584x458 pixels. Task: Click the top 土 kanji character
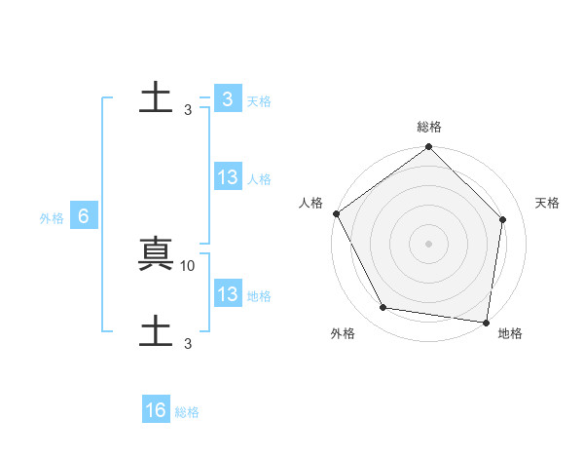pyautogui.click(x=156, y=98)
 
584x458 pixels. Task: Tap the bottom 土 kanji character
pyautogui.click(x=156, y=331)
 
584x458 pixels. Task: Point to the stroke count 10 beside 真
pyautogui.click(x=188, y=264)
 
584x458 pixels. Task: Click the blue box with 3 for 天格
pyautogui.click(x=227, y=99)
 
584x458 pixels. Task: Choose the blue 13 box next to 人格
pyautogui.click(x=228, y=178)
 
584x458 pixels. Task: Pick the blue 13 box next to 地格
pyautogui.click(x=228, y=295)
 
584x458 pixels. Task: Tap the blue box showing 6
pyautogui.click(x=84, y=217)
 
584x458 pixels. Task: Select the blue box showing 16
pyautogui.click(x=156, y=411)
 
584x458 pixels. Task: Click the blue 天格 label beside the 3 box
pyautogui.click(x=259, y=101)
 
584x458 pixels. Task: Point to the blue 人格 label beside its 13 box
pyautogui.click(x=259, y=179)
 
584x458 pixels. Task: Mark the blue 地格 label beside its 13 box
pyautogui.click(x=259, y=296)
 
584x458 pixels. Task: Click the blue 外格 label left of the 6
pyautogui.click(x=52, y=219)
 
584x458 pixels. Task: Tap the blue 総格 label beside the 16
pyautogui.click(x=187, y=412)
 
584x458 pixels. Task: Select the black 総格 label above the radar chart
pyautogui.click(x=429, y=127)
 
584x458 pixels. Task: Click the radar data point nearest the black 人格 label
pyautogui.click(x=336, y=213)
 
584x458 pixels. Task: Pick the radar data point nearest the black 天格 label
pyautogui.click(x=503, y=219)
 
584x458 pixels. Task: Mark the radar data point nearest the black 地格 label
pyautogui.click(x=486, y=322)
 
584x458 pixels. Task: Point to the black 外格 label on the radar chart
pyautogui.click(x=343, y=333)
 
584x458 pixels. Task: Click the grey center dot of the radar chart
pyautogui.click(x=429, y=243)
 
